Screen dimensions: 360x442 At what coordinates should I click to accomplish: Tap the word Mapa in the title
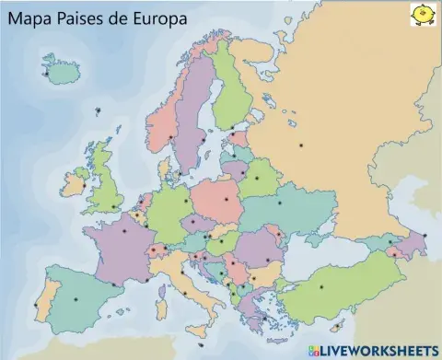(x=31, y=17)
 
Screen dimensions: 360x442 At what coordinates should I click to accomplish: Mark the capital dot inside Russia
(x=300, y=145)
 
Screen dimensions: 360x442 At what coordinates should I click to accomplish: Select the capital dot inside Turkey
(x=321, y=286)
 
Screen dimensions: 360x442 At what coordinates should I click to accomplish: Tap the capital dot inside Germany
(x=187, y=199)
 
